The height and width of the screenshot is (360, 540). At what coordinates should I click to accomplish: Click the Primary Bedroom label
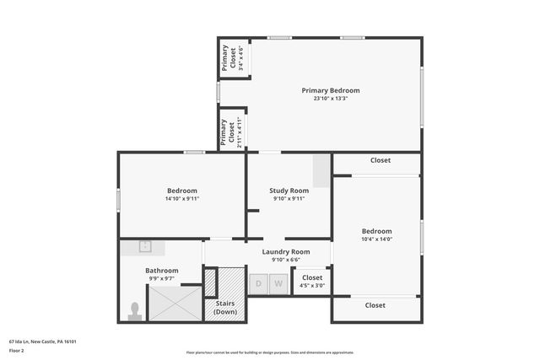click(x=331, y=90)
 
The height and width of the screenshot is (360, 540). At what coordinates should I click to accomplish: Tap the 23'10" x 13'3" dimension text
click(x=331, y=99)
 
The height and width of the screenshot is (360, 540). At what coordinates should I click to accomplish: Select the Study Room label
click(x=289, y=191)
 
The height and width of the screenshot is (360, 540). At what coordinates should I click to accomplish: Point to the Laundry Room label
click(x=285, y=251)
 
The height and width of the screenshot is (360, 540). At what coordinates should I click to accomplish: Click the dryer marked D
click(x=259, y=284)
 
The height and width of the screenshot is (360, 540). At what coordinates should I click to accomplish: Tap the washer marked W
click(x=278, y=284)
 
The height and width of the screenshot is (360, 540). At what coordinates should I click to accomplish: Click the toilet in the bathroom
click(x=134, y=312)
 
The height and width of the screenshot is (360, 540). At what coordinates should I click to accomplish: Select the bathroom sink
click(x=144, y=247)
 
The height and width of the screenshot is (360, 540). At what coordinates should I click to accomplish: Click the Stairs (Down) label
click(x=225, y=307)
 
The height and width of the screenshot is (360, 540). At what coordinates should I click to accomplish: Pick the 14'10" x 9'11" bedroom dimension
click(x=181, y=199)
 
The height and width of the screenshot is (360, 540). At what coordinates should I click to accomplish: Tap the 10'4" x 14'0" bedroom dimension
click(x=376, y=239)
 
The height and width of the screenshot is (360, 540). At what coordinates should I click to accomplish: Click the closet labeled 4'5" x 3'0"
click(x=312, y=282)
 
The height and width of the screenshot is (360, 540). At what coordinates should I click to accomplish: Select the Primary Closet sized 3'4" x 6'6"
click(x=232, y=58)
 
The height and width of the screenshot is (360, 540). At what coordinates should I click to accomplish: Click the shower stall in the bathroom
click(x=175, y=303)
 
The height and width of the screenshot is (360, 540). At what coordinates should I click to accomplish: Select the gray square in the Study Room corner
click(x=321, y=171)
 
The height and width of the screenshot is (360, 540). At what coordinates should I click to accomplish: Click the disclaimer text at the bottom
click(x=269, y=352)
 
